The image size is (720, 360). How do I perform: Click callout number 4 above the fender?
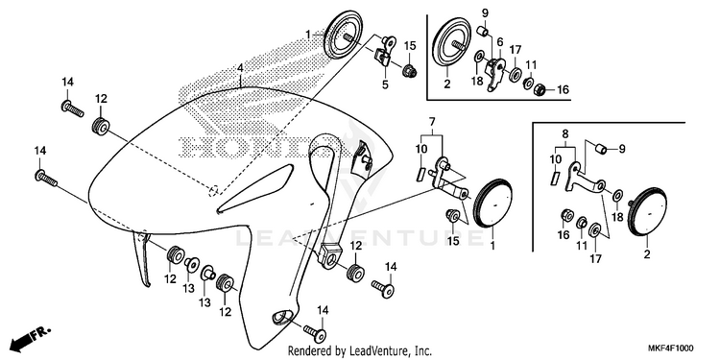(x=240, y=69)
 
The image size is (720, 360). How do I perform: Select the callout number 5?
(x=385, y=84)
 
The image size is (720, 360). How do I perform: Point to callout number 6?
(x=500, y=42)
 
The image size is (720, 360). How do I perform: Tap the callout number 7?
(x=432, y=122)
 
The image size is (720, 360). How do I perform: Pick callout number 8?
(x=565, y=134)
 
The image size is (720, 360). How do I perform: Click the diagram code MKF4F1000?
(x=670, y=348)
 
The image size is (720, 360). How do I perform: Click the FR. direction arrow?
(x=31, y=338)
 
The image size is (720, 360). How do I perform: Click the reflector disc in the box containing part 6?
(x=448, y=42)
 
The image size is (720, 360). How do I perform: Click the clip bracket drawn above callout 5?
(x=385, y=51)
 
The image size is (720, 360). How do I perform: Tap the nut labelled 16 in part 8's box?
(x=566, y=214)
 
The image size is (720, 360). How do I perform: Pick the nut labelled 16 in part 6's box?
(x=540, y=88)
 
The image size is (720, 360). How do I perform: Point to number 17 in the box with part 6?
(x=516, y=49)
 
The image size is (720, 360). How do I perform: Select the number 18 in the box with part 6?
(x=477, y=82)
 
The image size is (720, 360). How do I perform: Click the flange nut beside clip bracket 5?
(x=409, y=71)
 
